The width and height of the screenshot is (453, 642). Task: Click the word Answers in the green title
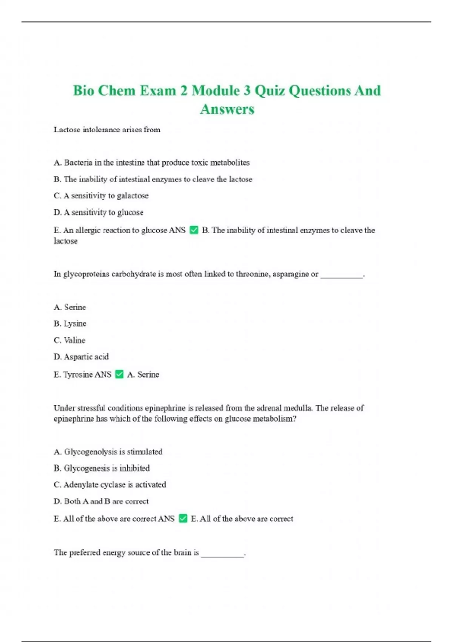tap(227, 110)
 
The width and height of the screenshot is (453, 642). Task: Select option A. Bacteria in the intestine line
tap(151, 163)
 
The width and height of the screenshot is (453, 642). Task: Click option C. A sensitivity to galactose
tap(101, 196)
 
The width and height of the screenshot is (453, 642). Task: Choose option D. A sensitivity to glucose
tap(99, 212)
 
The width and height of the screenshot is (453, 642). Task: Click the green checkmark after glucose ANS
tap(194, 230)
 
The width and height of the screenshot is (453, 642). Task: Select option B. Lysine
tap(70, 324)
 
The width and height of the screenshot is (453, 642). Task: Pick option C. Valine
tap(69, 340)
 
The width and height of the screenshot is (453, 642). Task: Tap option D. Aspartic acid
tap(81, 357)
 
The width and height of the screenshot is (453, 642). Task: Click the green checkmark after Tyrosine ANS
tap(119, 374)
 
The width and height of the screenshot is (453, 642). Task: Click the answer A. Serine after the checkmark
tap(143, 375)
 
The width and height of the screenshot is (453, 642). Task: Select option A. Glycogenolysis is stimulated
tap(108, 452)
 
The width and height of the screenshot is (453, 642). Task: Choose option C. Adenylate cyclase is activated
tap(110, 485)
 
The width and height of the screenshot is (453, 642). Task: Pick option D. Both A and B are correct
tap(101, 502)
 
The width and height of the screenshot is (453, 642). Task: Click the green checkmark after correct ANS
tap(183, 519)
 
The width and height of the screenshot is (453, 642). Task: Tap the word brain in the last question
tap(182, 552)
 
